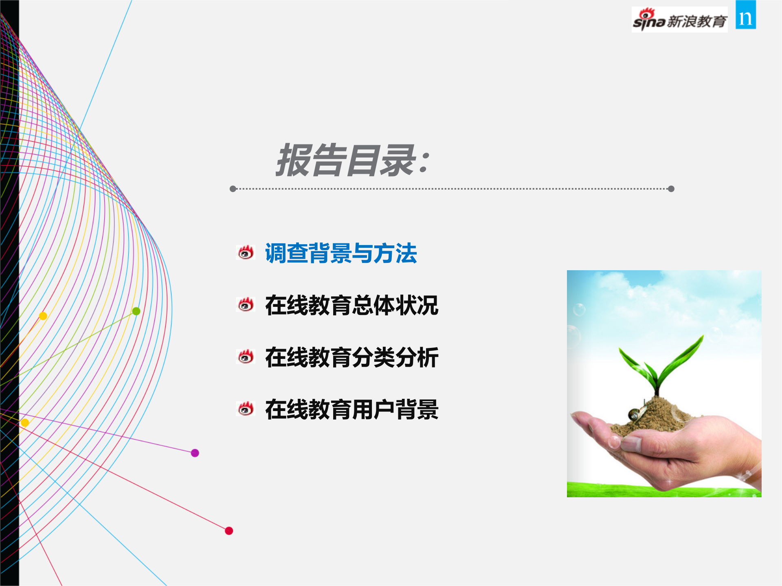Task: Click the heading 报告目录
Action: [x=346, y=160]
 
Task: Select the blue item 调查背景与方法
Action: [x=341, y=253]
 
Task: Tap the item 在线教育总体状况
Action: [x=351, y=305]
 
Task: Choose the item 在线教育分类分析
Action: [x=351, y=357]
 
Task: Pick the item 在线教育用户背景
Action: [x=351, y=409]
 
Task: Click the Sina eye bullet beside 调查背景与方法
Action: [x=246, y=253]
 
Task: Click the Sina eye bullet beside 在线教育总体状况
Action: [x=246, y=304]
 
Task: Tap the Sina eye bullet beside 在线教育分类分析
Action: [x=246, y=356]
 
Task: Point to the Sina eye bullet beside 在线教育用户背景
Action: [x=246, y=409]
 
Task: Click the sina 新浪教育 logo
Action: [x=679, y=20]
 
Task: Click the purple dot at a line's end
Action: [x=195, y=453]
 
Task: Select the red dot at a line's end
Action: [x=229, y=531]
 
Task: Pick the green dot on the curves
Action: [x=136, y=311]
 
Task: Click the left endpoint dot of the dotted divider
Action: [x=233, y=189]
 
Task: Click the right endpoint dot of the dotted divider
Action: [x=671, y=189]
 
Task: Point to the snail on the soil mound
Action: [x=635, y=413]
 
